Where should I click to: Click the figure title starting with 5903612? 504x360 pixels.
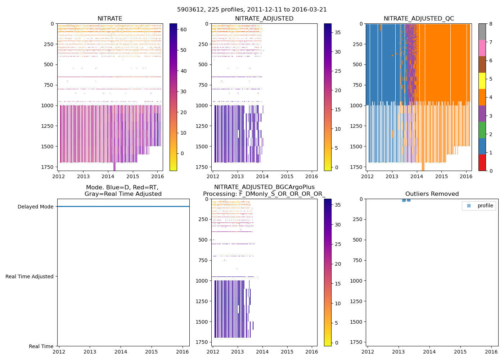point(252,10)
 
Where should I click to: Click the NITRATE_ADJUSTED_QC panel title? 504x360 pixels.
point(419,19)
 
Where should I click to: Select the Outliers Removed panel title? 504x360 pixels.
point(432,194)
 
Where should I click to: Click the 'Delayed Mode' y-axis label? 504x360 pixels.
point(35,207)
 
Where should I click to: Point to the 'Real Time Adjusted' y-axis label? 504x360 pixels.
point(30,276)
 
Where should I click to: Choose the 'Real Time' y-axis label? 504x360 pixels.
point(41,346)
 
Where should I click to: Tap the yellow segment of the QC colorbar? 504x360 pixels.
point(482,81)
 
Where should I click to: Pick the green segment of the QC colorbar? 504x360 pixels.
point(482,130)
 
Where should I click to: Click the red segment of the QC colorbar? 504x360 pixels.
point(482,163)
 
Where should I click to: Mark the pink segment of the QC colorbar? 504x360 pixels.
point(482,48)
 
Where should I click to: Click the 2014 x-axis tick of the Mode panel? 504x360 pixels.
point(121,352)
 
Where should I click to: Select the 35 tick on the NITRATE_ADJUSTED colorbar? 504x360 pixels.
point(338,32)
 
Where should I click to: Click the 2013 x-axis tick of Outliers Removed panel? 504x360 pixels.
point(398,352)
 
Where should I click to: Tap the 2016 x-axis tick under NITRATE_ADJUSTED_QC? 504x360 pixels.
point(466,176)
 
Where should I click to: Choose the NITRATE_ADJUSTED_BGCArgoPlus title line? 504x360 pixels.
point(264,187)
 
